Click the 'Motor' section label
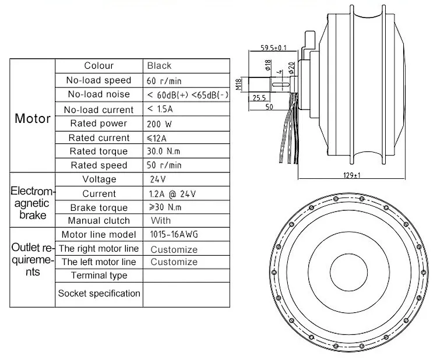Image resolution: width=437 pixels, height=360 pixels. [33, 119]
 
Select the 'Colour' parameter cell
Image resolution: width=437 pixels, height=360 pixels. [99, 66]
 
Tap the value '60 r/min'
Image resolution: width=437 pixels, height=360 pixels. [165, 80]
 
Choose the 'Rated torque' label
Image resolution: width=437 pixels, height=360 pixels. [99, 151]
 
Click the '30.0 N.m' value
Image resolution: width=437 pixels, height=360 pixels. [164, 151]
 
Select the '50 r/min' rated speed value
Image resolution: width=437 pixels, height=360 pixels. [165, 165]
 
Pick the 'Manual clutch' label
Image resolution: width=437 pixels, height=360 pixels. [99, 221]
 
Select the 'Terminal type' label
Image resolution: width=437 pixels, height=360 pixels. [99, 276]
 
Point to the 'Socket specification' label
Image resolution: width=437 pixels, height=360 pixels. [99, 293]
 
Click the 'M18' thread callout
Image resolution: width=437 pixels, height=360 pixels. [239, 86]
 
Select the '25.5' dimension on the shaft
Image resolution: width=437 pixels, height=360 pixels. [260, 98]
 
